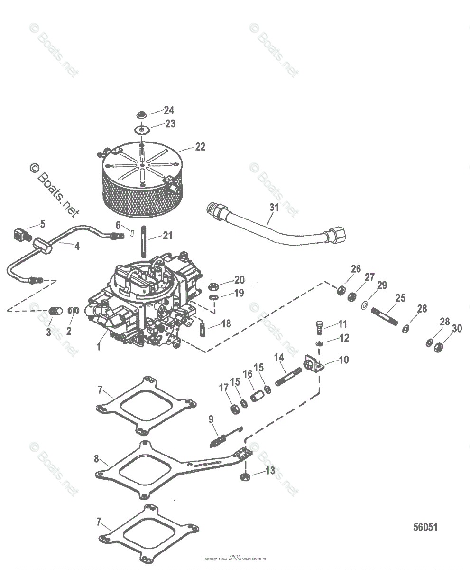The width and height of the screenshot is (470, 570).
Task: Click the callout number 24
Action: [x=169, y=110]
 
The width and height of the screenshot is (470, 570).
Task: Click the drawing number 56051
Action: [x=424, y=527]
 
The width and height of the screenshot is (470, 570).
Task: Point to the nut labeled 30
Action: [x=438, y=346]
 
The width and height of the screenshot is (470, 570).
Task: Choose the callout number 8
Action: [x=96, y=459]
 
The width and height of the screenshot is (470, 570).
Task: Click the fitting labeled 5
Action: [x=19, y=235]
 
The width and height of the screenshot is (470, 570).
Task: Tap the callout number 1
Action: [x=99, y=347]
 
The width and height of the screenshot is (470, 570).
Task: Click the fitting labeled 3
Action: [x=55, y=312]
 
